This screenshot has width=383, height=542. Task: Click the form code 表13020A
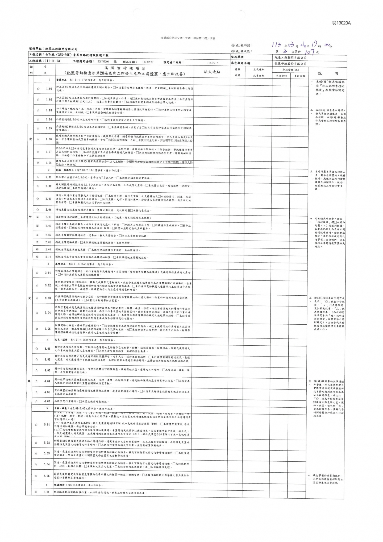coord(341,23)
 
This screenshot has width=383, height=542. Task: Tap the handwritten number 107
coord(311,51)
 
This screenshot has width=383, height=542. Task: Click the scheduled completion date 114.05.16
coord(212,63)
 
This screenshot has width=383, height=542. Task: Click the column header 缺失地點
coord(212,72)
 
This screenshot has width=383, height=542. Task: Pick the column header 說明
coord(327,73)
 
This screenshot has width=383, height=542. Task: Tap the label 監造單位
coord(238,57)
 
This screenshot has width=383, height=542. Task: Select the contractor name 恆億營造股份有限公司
coord(290,64)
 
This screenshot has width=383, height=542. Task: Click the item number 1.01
coord(49,89)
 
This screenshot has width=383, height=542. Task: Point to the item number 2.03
coord(48,199)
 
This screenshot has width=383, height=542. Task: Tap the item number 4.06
coord(47,401)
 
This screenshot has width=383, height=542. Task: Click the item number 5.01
coord(47,424)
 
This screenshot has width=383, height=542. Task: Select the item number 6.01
coord(47,493)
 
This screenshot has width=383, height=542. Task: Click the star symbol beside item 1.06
coord(38,139)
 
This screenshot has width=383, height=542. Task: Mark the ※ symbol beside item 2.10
coord(38,257)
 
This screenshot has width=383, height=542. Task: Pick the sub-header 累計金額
coord(299,76)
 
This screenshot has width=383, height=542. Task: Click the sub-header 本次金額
coord(281,76)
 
